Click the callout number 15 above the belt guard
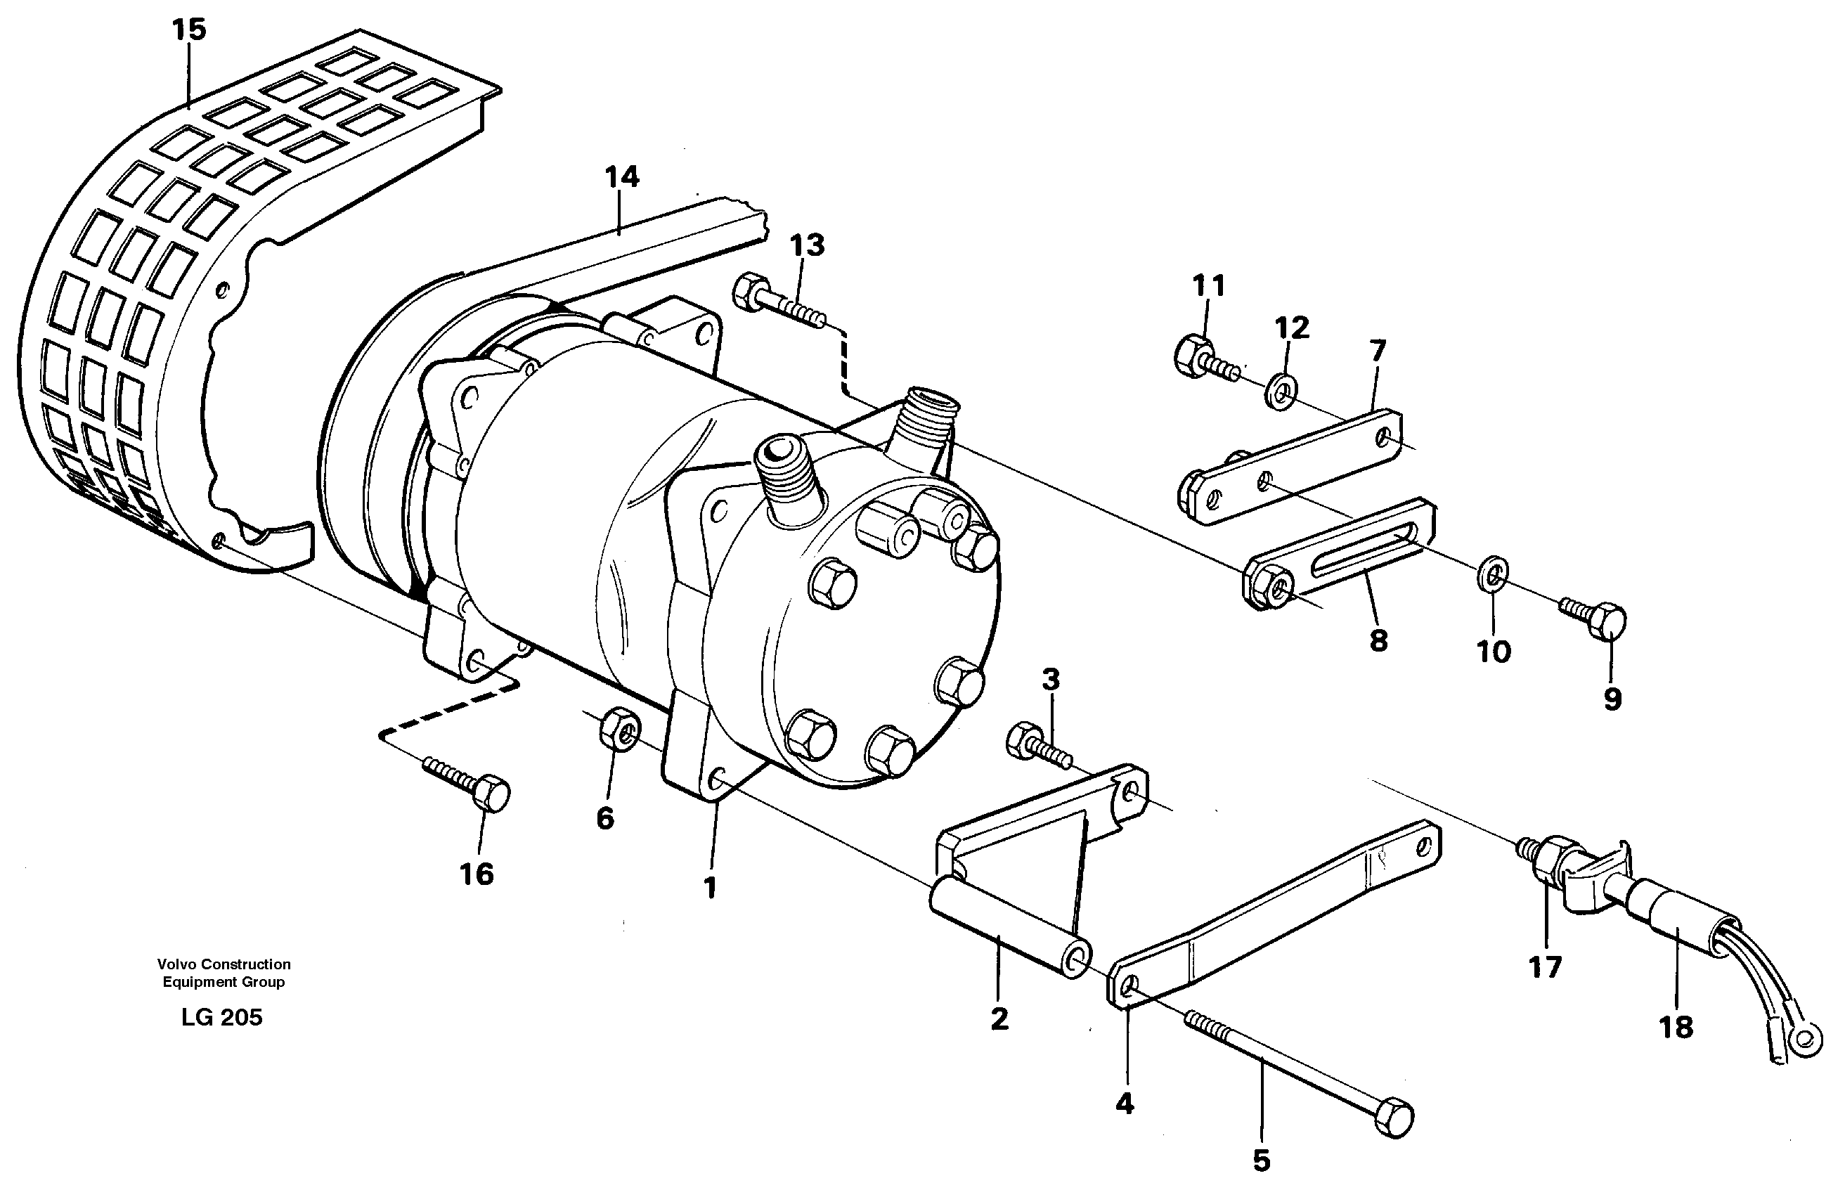click(189, 30)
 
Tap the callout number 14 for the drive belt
click(621, 177)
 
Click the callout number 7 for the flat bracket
click(1378, 351)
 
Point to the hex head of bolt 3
click(1025, 740)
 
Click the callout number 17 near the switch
click(1545, 966)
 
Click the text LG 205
click(221, 1018)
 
